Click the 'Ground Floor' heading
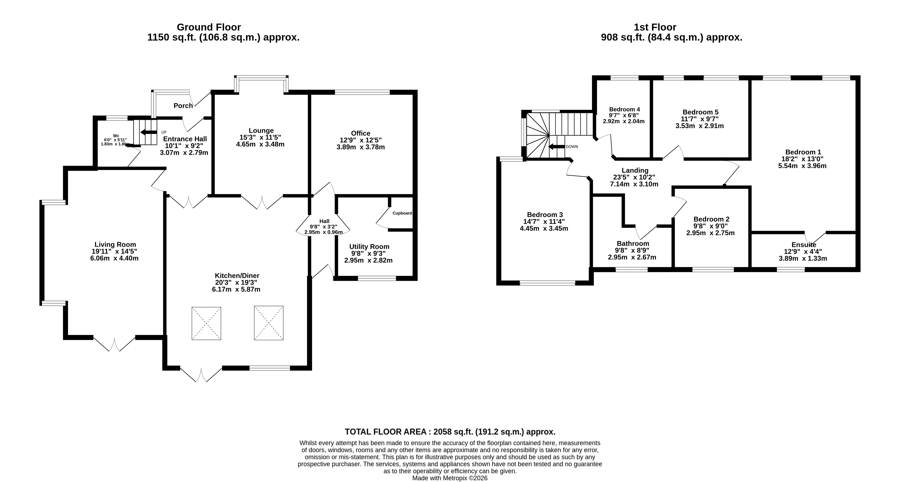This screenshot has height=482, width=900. (x=209, y=27)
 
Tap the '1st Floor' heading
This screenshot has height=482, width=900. (x=655, y=27)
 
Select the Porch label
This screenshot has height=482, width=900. (x=183, y=105)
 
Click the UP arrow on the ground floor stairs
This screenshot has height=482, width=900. (x=149, y=132)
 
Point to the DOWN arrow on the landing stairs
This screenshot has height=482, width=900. (x=557, y=147)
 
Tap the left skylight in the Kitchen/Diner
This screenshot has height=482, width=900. (x=206, y=323)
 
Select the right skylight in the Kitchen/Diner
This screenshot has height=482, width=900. (x=269, y=323)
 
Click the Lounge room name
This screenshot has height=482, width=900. (x=261, y=131)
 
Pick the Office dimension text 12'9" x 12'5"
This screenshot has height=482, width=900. (x=361, y=140)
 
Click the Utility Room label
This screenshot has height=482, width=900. (x=369, y=247)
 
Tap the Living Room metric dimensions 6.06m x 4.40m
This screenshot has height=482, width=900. (x=114, y=258)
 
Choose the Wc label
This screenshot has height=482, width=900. (x=116, y=136)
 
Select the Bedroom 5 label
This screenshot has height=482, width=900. (x=701, y=112)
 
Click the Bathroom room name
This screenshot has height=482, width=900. (x=633, y=244)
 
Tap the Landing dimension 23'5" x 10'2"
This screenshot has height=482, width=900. (x=634, y=177)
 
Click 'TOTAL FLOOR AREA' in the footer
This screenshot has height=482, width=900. (x=386, y=432)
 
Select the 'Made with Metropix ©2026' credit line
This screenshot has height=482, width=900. (x=450, y=478)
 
